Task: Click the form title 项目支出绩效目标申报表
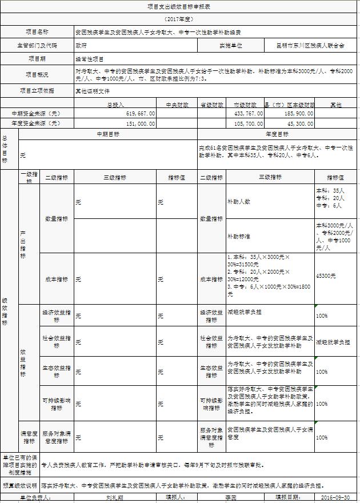click(180, 7)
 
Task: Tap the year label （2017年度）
click(180, 19)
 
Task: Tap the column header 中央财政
click(177, 105)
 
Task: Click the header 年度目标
click(278, 134)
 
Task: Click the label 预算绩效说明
click(20, 485)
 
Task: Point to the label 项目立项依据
click(37, 90)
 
